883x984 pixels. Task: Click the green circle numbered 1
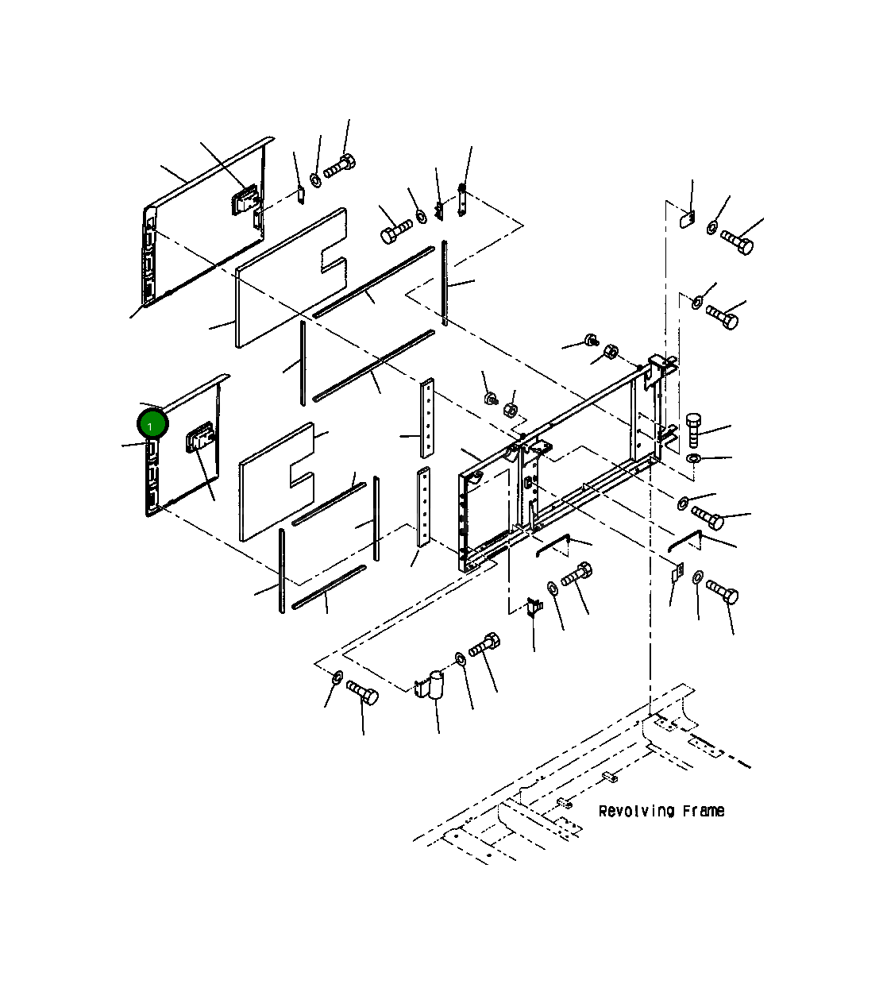pyautogui.click(x=153, y=424)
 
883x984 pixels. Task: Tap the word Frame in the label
pyautogui.click(x=704, y=811)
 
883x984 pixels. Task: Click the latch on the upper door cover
pyautogui.click(x=245, y=199)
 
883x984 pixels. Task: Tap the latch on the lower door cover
pyautogui.click(x=199, y=437)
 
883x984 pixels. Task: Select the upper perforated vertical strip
pyautogui.click(x=427, y=418)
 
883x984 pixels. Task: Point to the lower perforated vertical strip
pyautogui.click(x=423, y=507)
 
